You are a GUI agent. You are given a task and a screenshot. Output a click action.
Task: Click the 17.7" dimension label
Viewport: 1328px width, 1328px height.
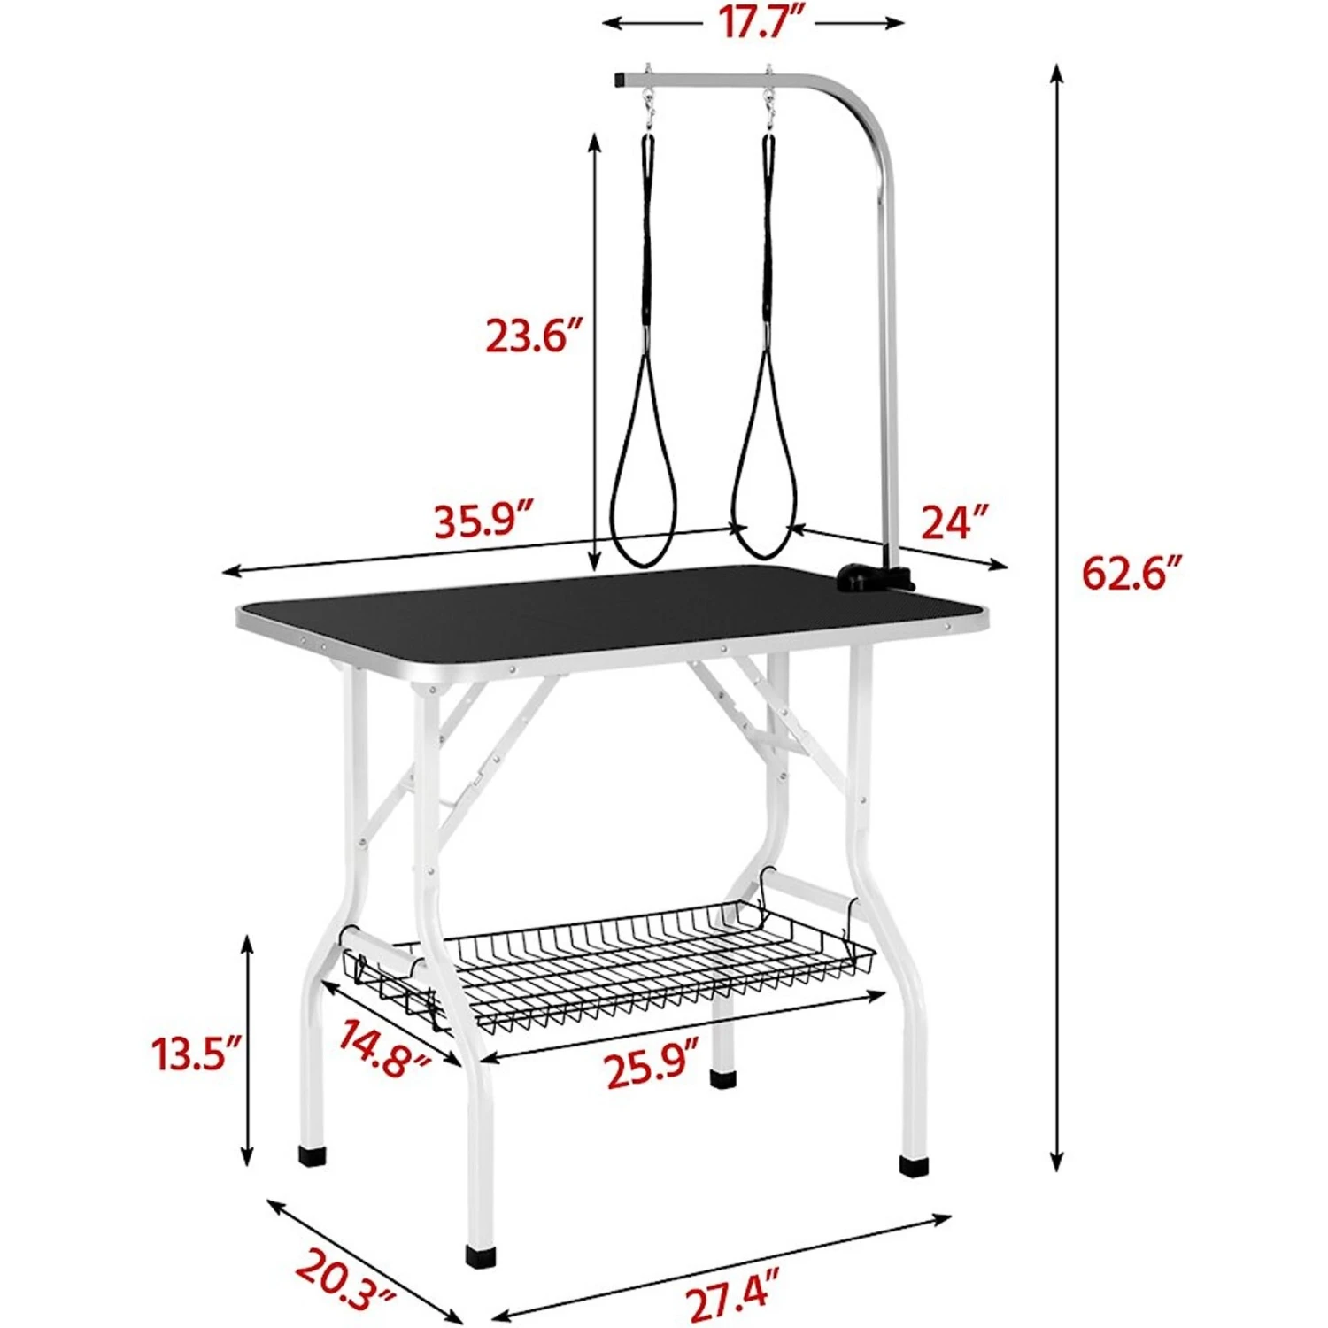point(758,22)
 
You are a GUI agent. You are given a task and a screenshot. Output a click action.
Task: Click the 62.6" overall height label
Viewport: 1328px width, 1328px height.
point(1131,574)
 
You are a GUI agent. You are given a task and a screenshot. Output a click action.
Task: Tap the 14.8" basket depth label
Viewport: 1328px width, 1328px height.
point(383,1047)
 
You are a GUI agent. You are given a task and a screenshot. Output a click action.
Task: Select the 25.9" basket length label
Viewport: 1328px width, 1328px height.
point(652,1069)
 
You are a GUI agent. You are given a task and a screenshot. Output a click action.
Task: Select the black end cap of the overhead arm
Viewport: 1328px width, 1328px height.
point(620,81)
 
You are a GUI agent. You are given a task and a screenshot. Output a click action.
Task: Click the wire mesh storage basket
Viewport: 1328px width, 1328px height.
point(620,969)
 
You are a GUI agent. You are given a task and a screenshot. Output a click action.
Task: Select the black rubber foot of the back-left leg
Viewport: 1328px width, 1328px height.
point(311,1155)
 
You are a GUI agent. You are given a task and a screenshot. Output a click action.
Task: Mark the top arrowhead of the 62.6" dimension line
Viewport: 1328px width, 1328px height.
point(1056,73)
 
